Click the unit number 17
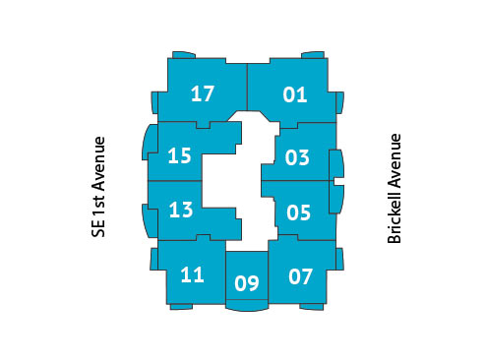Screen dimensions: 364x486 pyautogui.click(x=203, y=94)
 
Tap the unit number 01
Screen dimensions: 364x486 pyautogui.click(x=295, y=95)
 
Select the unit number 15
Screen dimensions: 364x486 pyautogui.click(x=179, y=155)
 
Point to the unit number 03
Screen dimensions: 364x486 pyautogui.click(x=297, y=157)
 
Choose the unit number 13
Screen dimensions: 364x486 pyautogui.click(x=180, y=210)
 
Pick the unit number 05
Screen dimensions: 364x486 pyautogui.click(x=298, y=212)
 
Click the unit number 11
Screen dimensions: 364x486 pyautogui.click(x=192, y=274)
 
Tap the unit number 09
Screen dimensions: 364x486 pyautogui.click(x=247, y=285)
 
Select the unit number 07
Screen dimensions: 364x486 pyautogui.click(x=301, y=276)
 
